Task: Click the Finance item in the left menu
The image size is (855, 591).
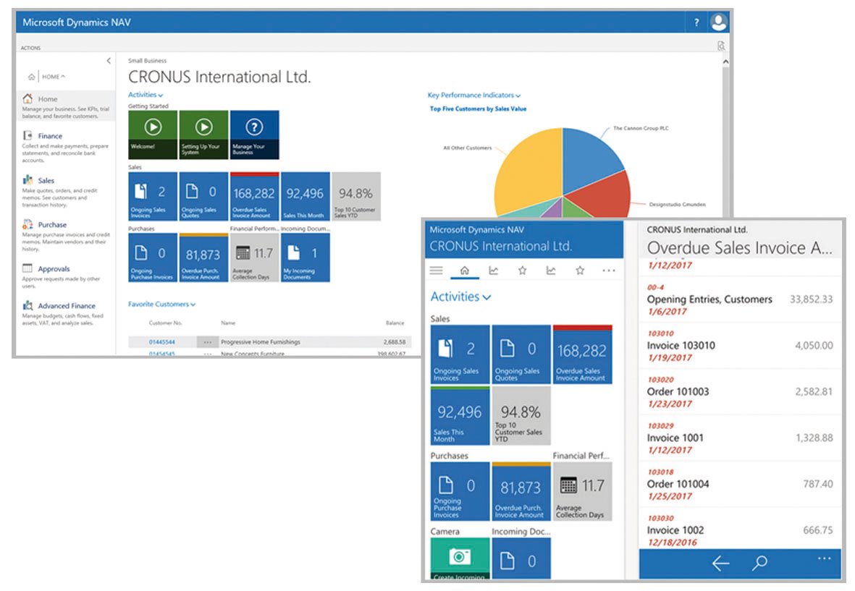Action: (49, 136)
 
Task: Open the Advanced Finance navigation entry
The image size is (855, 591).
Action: (66, 306)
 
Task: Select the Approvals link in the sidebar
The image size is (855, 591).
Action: (55, 268)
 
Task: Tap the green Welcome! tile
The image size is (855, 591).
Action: (153, 135)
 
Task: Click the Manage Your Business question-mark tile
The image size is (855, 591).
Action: (253, 135)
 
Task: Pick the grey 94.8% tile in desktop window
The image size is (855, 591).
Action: (355, 196)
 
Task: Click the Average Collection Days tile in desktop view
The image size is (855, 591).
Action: (254, 258)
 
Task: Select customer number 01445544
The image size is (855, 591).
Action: (162, 341)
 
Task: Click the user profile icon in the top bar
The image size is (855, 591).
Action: (718, 22)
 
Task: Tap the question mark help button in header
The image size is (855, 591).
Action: (696, 23)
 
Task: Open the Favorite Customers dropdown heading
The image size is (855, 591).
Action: (161, 305)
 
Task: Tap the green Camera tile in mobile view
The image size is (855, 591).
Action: (460, 558)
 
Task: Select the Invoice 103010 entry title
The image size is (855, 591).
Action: (681, 346)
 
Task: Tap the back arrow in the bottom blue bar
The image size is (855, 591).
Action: (720, 564)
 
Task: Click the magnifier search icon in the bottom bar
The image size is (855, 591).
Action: (759, 564)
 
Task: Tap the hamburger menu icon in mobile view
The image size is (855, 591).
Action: (436, 271)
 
